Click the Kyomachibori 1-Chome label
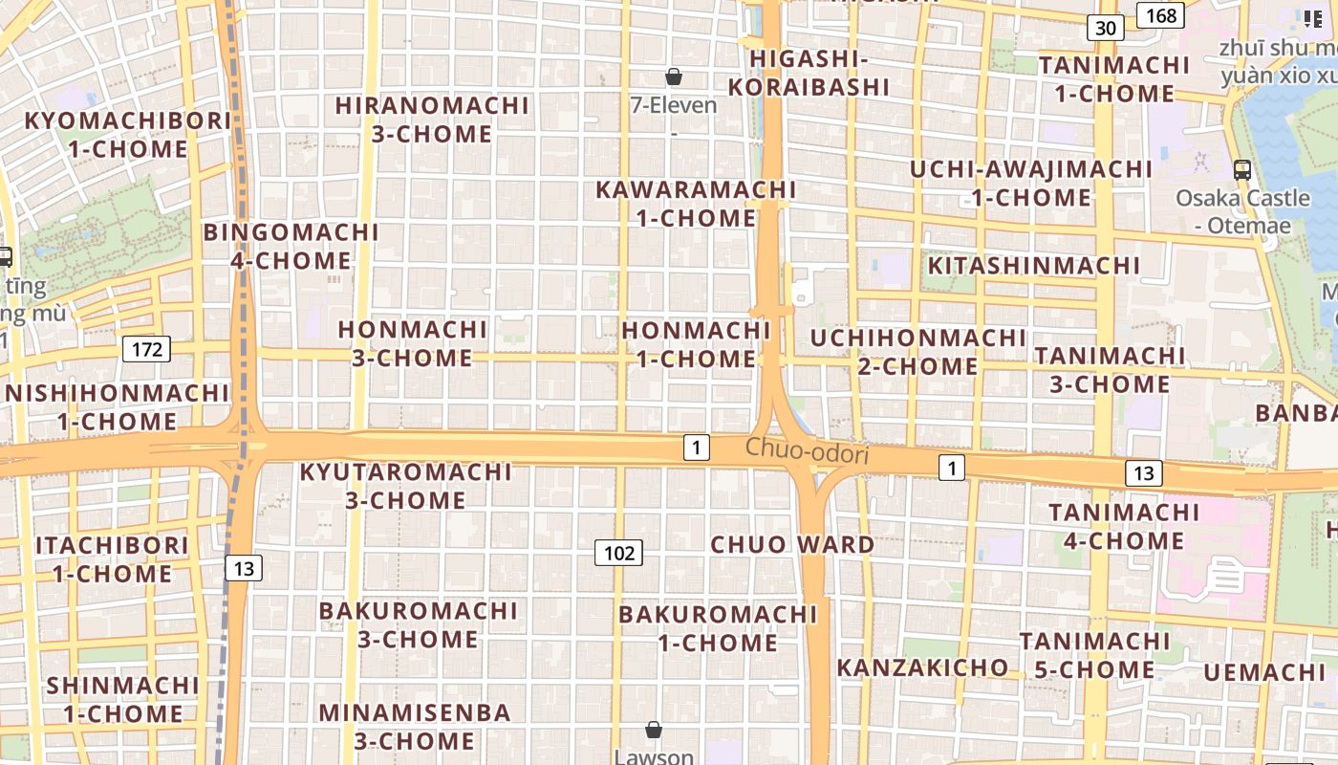[x=128, y=135]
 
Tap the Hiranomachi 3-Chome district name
[x=432, y=120]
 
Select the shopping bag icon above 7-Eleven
[x=674, y=76]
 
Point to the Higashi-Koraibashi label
[x=809, y=73]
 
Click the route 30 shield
[x=1106, y=28]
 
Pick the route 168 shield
[x=1160, y=15]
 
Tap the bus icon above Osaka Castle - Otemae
[x=1242, y=170]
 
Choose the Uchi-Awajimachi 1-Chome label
[x=1031, y=184]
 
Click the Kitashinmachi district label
[x=1034, y=265]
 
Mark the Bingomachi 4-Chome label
[x=291, y=246]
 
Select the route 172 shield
[x=146, y=349]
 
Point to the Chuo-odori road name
[x=807, y=450]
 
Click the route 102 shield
[x=619, y=553]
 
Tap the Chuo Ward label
[x=792, y=545]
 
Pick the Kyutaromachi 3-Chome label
[x=406, y=486]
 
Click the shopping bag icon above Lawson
[x=654, y=730]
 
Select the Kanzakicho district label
[x=922, y=667]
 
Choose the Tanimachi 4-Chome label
[x=1124, y=527]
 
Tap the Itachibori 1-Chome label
[x=113, y=559]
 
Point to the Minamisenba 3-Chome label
[x=415, y=727]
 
